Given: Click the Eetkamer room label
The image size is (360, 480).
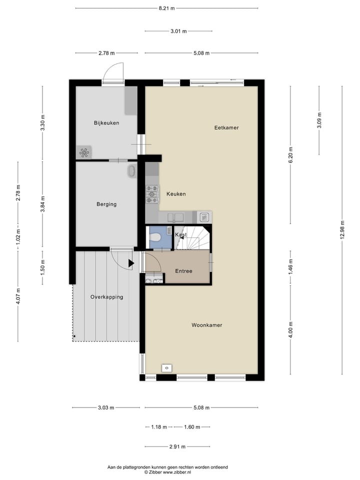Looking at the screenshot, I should click(226, 127).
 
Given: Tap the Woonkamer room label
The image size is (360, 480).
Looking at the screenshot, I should click(206, 325).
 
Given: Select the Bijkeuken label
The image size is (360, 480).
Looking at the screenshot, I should click(106, 122).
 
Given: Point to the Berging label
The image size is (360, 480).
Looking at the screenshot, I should click(106, 204).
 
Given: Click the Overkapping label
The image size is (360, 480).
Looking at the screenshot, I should click(106, 297).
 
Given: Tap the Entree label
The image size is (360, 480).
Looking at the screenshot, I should click(183, 271).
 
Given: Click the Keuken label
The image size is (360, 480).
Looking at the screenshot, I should click(176, 194).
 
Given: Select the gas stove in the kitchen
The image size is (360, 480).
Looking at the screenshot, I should click(152, 194).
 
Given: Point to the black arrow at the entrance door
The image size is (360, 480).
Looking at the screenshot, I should click(131, 263).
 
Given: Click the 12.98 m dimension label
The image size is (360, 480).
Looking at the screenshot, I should click(342, 230).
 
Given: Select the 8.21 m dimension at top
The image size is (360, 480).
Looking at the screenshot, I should click(166, 8).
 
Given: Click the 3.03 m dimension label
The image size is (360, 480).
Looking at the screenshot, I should click(106, 407).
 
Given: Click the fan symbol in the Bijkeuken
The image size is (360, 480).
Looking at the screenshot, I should click(83, 152).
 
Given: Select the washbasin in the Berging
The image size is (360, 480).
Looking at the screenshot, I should click(132, 171).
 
